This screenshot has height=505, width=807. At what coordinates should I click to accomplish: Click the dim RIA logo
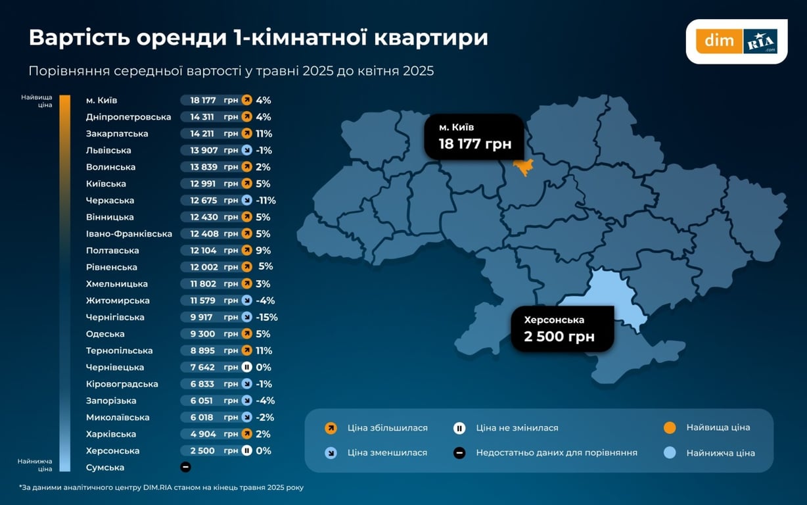pyautogui.click(x=737, y=41)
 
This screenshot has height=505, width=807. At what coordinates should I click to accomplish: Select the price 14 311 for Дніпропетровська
pyautogui.click(x=203, y=117)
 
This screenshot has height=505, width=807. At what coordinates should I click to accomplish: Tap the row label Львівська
pyautogui.click(x=108, y=151)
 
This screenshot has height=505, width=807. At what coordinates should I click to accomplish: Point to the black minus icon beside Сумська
pyautogui.click(x=185, y=468)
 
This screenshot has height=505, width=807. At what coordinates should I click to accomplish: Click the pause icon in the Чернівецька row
pyautogui.click(x=246, y=368)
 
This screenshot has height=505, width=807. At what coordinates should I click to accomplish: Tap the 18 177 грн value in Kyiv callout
pyautogui.click(x=474, y=144)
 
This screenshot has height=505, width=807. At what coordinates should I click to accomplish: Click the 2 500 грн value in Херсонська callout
pyautogui.click(x=559, y=337)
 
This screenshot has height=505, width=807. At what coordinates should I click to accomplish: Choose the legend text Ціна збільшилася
pyautogui.click(x=388, y=428)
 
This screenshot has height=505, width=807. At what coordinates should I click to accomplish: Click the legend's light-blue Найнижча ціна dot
pyautogui.click(x=670, y=453)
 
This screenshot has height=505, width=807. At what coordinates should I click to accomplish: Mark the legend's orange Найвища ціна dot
pyautogui.click(x=670, y=428)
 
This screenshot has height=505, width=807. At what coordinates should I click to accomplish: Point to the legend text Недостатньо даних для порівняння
pyautogui.click(x=557, y=453)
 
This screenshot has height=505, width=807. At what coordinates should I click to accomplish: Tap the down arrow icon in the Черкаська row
pyautogui.click(x=246, y=201)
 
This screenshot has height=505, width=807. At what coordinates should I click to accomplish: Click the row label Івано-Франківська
pyautogui.click(x=129, y=234)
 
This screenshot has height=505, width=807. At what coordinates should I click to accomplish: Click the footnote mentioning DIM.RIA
pyautogui.click(x=161, y=487)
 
